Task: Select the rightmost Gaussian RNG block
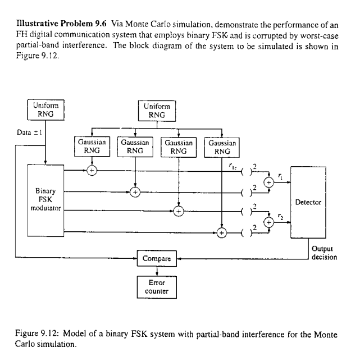(x=222, y=147)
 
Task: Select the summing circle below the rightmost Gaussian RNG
(x=222, y=232)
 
